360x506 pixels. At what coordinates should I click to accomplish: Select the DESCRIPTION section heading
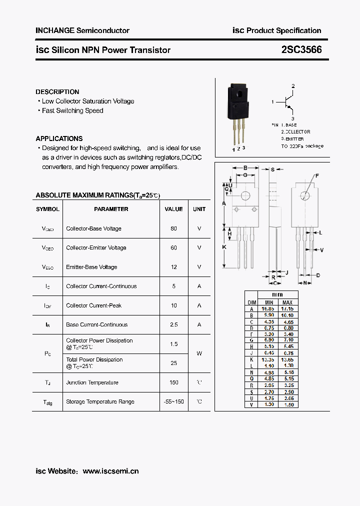tap(57, 92)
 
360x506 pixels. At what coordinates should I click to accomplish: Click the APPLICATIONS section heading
tap(59, 138)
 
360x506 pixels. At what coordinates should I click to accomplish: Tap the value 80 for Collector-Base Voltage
tap(173, 228)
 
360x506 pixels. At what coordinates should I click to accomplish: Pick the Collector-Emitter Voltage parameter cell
tap(96, 247)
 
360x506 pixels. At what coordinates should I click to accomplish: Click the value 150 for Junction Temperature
tap(173, 382)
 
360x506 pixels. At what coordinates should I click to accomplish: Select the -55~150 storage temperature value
tap(173, 401)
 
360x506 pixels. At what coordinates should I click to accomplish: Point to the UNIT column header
tap(199, 209)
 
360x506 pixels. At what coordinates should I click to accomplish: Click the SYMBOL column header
tap(47, 209)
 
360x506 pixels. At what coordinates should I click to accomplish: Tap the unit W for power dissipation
tap(199, 353)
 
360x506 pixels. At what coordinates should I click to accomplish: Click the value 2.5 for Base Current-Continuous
tap(173, 324)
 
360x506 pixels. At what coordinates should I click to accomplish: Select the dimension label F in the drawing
tap(316, 175)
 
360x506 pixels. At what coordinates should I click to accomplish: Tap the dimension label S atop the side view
tap(272, 169)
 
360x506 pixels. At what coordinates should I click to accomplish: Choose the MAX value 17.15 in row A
tap(287, 309)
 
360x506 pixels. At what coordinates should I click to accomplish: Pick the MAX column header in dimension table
tap(287, 302)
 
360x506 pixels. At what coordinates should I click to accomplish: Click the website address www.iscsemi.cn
tap(110, 471)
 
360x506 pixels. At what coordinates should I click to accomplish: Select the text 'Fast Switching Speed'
tap(72, 110)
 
